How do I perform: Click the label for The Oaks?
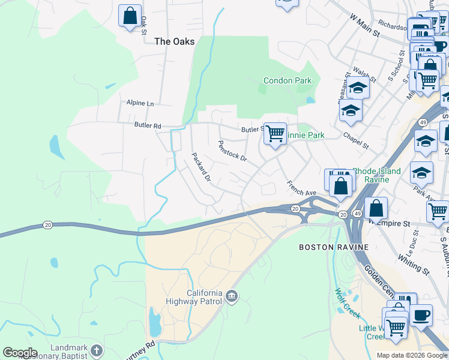click(x=175, y=41)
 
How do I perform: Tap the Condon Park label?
click(x=287, y=80)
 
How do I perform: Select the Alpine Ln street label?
click(x=140, y=103)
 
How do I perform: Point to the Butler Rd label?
click(x=148, y=126)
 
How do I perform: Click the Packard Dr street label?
click(x=201, y=167)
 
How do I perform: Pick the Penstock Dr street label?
click(x=232, y=151)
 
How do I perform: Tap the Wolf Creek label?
click(x=343, y=301)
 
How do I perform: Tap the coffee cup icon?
click(x=421, y=314)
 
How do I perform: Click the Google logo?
click(x=20, y=353)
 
